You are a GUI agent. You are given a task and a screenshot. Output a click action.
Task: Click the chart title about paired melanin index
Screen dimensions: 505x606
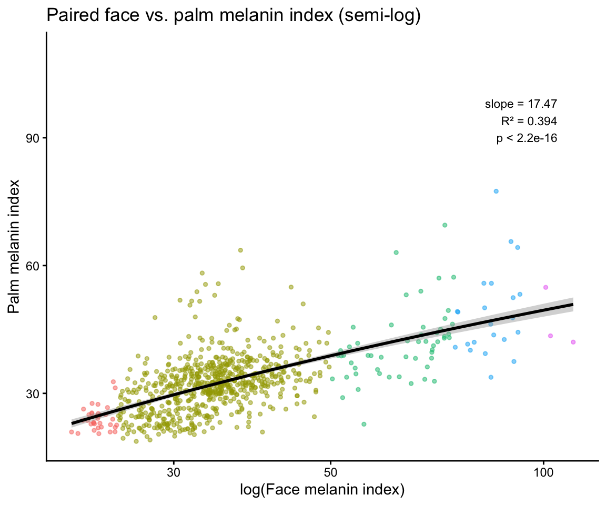pyautogui.click(x=234, y=16)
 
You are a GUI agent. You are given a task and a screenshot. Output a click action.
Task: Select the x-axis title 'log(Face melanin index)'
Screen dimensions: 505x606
pyautogui.click(x=322, y=490)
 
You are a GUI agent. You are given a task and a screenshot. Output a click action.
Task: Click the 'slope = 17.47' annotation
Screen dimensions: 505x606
pyautogui.click(x=521, y=104)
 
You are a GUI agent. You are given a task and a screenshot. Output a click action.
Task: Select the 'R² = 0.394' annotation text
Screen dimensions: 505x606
pyautogui.click(x=528, y=121)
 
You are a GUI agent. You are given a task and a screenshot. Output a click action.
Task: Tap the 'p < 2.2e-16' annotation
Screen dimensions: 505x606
pyautogui.click(x=527, y=138)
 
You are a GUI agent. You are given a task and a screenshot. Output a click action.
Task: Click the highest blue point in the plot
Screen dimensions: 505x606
pyautogui.click(x=496, y=191)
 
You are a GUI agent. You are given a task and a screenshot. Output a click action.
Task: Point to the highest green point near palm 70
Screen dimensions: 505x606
pyautogui.click(x=445, y=225)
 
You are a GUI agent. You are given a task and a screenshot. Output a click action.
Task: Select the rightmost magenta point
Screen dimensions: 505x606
pyautogui.click(x=573, y=342)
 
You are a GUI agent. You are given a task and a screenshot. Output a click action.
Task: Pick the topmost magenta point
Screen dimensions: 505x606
pyautogui.click(x=546, y=287)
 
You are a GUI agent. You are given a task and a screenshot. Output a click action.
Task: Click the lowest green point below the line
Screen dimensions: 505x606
pyautogui.click(x=363, y=424)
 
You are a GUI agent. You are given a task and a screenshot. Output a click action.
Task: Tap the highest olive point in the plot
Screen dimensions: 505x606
pyautogui.click(x=240, y=250)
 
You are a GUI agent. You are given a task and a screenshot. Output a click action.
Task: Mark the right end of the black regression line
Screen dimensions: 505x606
pyautogui.click(x=572, y=305)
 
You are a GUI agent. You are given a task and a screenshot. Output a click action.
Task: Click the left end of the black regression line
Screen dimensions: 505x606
pyautogui.click(x=73, y=423)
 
